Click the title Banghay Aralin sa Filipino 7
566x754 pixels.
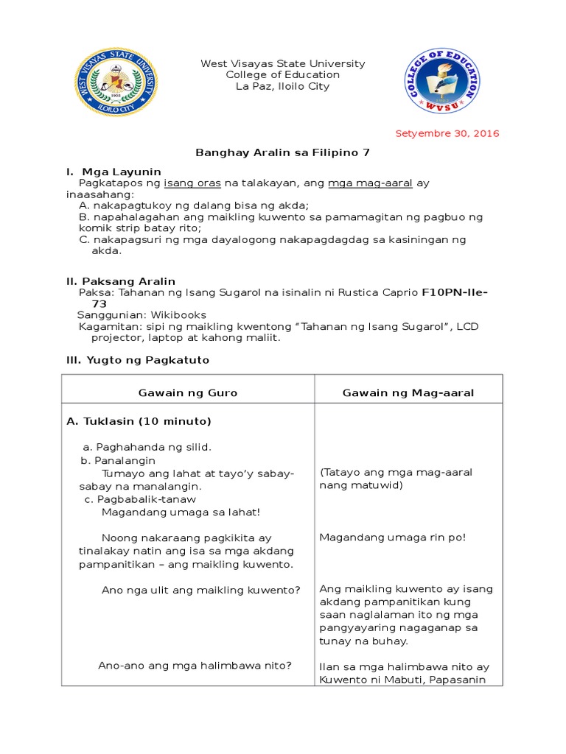tap(282, 152)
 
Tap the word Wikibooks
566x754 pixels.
tap(178, 314)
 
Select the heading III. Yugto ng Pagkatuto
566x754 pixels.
tap(138, 359)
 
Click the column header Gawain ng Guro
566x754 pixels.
tap(188, 392)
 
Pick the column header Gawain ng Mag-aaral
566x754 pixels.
tap(408, 392)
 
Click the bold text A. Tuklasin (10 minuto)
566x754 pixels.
tap(139, 421)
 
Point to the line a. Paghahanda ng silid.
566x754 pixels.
tap(147, 447)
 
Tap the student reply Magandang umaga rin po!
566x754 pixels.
tap(392, 537)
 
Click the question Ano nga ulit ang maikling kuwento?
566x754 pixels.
tap(200, 589)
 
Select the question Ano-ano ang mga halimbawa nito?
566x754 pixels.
tap(195, 665)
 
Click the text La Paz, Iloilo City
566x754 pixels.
tap(282, 86)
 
